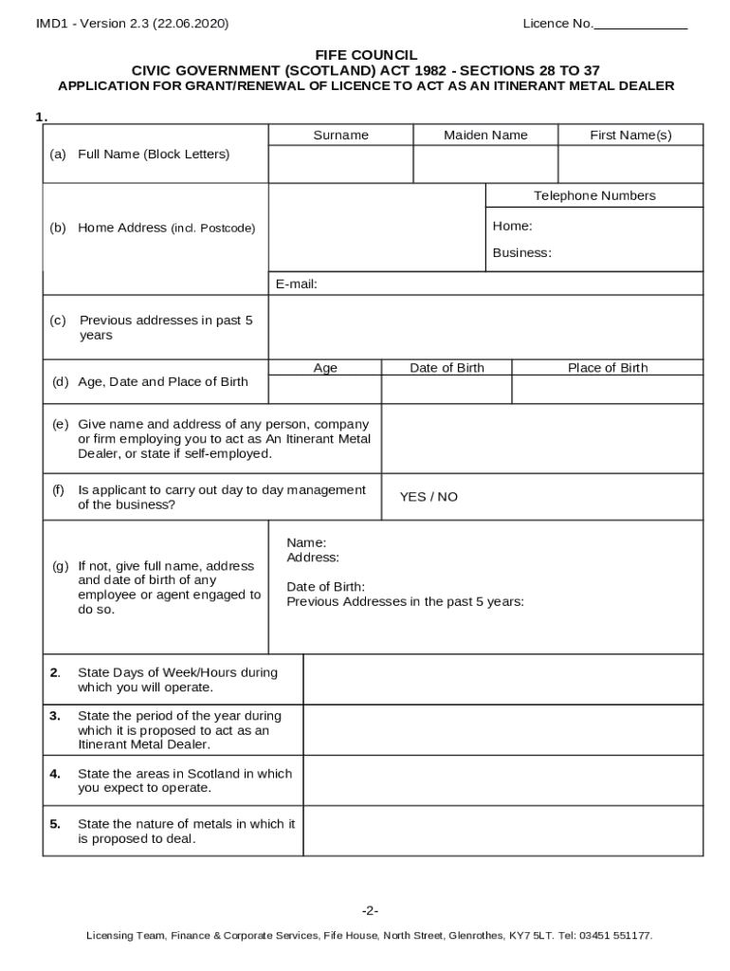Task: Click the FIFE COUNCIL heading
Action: (366, 55)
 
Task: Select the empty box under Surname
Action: (340, 164)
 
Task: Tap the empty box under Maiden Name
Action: (485, 164)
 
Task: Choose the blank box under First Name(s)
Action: (630, 164)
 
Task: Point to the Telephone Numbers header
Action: (594, 195)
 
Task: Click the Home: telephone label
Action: (512, 226)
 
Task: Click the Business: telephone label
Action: (521, 252)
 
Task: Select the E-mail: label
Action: (296, 284)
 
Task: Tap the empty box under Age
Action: (325, 390)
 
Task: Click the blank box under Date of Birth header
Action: (447, 390)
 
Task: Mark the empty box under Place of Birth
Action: (608, 390)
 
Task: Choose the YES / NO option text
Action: (429, 497)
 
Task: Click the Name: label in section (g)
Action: (306, 542)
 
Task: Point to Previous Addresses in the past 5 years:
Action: (405, 601)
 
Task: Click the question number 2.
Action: (55, 672)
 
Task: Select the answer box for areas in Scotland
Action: (502, 780)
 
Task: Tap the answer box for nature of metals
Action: (502, 831)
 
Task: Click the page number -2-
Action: (370, 910)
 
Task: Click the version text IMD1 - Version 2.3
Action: (132, 24)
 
